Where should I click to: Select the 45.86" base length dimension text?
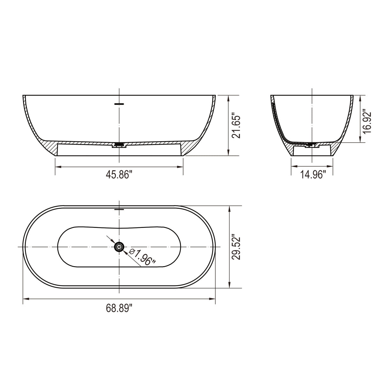119,175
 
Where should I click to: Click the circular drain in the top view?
119,247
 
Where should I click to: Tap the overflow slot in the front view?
119,104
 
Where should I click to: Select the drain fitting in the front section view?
119,145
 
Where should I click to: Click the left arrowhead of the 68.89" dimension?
26,299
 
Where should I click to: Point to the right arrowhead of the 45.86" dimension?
181,167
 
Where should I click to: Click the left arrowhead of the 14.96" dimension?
293,166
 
